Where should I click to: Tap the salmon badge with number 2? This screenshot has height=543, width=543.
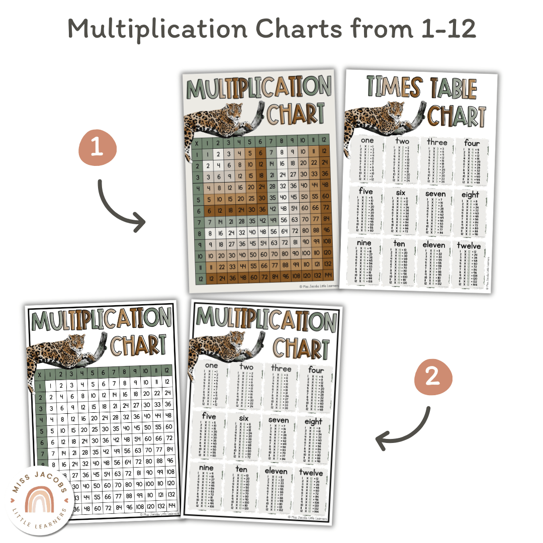point(433,379)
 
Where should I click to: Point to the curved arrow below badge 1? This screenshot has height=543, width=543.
point(118,206)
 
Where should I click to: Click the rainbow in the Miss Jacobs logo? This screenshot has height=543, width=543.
point(40,497)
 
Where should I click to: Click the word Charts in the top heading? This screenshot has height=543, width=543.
point(285,29)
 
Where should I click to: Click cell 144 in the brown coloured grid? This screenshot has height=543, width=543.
point(328,277)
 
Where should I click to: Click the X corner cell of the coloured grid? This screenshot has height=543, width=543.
point(196,142)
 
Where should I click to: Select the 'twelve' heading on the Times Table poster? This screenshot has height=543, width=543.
point(469,246)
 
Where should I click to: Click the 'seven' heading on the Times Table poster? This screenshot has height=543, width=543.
point(435,194)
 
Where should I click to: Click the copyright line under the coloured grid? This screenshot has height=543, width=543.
point(319,286)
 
